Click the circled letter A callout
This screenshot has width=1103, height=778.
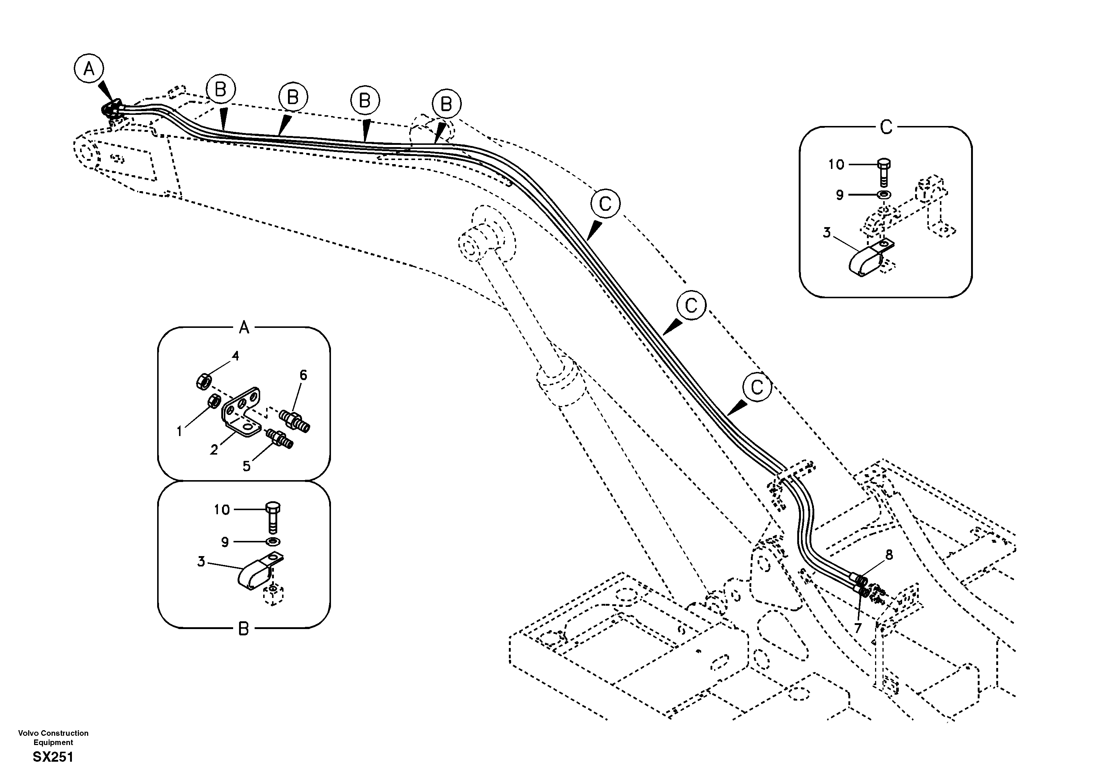pyautogui.click(x=89, y=69)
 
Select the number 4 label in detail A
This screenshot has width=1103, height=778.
pyautogui.click(x=235, y=356)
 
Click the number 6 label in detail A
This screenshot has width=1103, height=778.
pyautogui.click(x=303, y=375)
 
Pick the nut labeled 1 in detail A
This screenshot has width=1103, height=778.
pyautogui.click(x=214, y=400)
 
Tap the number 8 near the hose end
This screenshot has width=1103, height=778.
pyautogui.click(x=889, y=555)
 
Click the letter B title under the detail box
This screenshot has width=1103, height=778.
pyautogui.click(x=244, y=629)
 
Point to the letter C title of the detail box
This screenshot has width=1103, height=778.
pyautogui.click(x=886, y=127)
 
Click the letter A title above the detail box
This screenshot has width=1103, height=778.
pyautogui.click(x=244, y=328)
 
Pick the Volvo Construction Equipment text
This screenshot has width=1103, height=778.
pyautogui.click(x=53, y=737)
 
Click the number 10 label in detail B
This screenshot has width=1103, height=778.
pyautogui.click(x=222, y=509)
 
